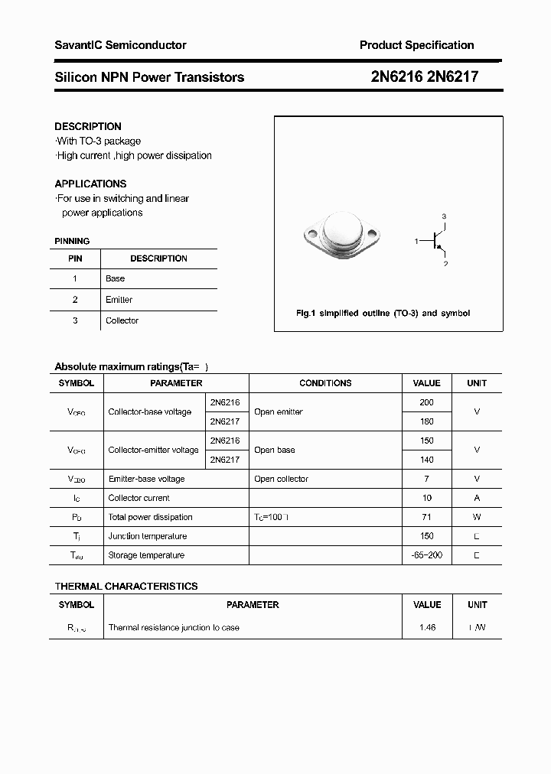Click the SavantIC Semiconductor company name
coord(120,45)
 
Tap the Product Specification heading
coord(416,45)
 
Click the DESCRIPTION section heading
coord(88,126)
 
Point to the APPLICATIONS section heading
coord(90,184)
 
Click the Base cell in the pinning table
coord(115,278)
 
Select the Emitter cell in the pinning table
coord(119,300)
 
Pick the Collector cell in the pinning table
coord(122,320)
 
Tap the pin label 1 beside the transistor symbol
coord(416,242)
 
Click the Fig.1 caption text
coord(383,314)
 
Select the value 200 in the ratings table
coord(426,402)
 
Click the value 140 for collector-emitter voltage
coord(426,460)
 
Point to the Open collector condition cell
coord(281,479)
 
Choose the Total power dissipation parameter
coord(150,517)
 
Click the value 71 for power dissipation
coord(426,517)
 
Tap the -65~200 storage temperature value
coord(426,555)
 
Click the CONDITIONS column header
coord(325,383)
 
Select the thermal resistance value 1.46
coord(426,627)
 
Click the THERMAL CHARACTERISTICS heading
coord(126,586)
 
